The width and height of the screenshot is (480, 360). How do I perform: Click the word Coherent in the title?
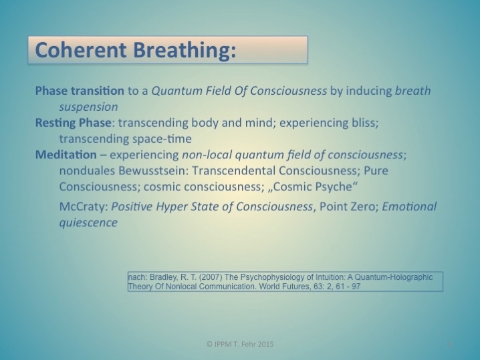coord(81,50)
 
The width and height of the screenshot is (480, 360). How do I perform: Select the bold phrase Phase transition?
coord(80,91)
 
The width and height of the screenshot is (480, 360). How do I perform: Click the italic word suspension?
coord(88,108)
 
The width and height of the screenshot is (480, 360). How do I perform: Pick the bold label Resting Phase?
coord(73,123)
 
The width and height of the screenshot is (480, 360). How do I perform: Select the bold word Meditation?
coord(66,155)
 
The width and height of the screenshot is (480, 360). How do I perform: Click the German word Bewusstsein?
coord(152,171)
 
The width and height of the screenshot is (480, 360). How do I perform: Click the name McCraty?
coord(82,207)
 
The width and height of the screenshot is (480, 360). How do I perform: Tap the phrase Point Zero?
coord(347,206)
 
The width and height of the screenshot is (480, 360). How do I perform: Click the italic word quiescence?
coord(88,223)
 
